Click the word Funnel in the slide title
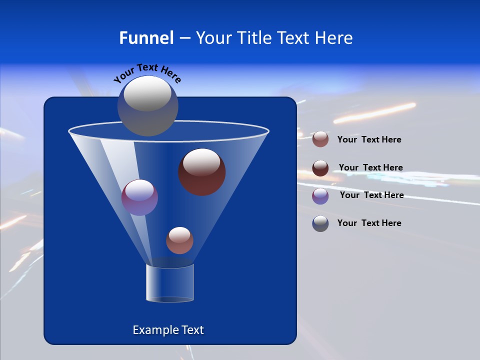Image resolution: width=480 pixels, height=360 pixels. pos(146,38)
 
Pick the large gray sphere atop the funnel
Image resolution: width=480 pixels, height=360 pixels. pos(148,106)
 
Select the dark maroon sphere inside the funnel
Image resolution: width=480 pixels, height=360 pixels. pos(202,172)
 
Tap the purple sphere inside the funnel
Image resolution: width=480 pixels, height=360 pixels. pos(139,197)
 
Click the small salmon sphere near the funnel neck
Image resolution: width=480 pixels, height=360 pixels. pos(179,240)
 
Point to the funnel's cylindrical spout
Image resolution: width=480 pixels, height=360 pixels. pos(170,283)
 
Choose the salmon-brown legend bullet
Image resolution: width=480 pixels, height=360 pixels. pos(320,139)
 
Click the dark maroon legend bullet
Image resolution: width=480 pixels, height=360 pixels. pos(320,168)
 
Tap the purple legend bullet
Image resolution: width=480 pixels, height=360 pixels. pos(320,196)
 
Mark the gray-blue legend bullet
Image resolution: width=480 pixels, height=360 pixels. pos(320,223)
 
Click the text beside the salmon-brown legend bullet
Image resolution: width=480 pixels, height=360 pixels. pos(369,139)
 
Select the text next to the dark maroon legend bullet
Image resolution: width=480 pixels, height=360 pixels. pos(370,167)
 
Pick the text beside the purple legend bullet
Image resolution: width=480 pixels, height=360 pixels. pos(371,195)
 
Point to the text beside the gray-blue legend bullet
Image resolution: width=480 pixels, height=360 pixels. pos(369,223)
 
